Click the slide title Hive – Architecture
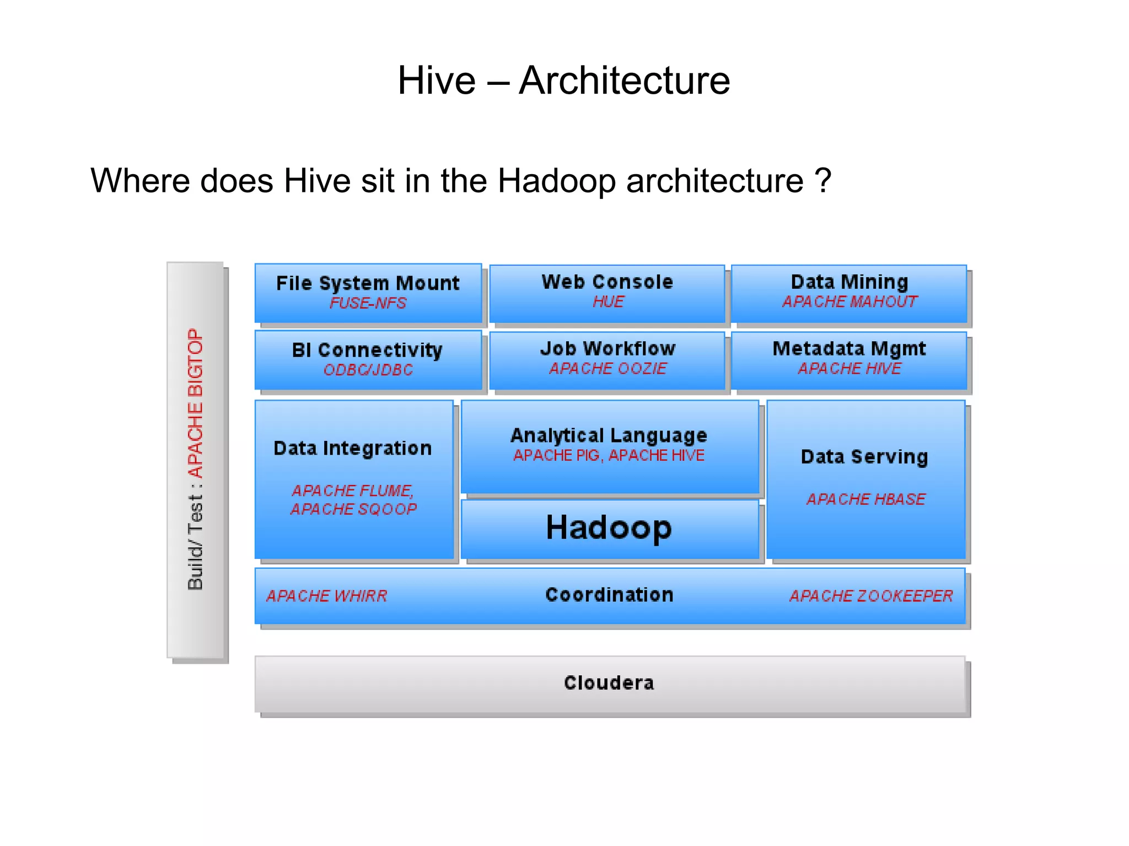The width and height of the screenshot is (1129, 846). (563, 80)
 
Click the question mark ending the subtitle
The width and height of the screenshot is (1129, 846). (822, 180)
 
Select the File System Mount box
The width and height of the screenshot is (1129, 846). (368, 293)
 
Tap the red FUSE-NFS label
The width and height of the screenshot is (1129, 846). (368, 303)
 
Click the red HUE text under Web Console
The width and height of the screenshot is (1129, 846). (608, 302)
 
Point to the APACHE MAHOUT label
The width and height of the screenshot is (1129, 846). (850, 302)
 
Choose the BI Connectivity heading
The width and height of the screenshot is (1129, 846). (367, 350)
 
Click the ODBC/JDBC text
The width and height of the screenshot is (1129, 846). (368, 370)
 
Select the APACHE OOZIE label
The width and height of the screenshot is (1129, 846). (607, 369)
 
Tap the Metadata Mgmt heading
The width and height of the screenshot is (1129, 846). (849, 348)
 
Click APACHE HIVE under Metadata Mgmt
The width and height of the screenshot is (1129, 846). (850, 369)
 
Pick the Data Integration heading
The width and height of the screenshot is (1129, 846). (353, 448)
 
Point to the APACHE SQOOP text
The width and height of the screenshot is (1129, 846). (353, 509)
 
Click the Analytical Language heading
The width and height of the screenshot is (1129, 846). (609, 435)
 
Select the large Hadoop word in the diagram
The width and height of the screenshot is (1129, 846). (609, 527)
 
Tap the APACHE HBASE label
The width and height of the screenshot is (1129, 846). (865, 499)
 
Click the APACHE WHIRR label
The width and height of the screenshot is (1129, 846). (326, 596)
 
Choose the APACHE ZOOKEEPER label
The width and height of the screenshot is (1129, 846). (871, 596)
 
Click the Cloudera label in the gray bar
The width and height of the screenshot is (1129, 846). (609, 683)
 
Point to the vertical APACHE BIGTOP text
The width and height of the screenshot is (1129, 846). (196, 403)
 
